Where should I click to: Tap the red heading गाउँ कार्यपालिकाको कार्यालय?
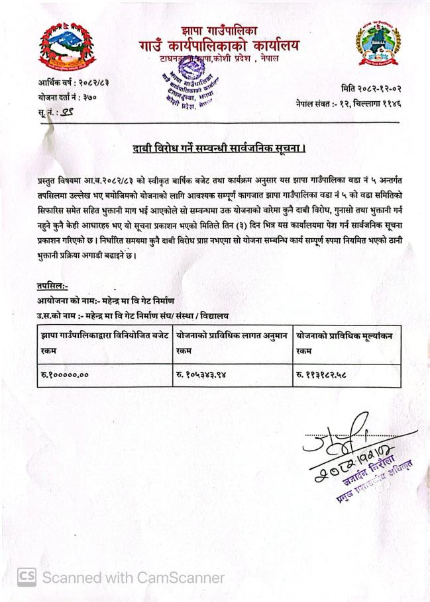[219, 46]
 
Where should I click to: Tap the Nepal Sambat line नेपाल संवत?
[349, 104]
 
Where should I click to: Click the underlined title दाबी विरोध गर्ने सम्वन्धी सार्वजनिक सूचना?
[218, 148]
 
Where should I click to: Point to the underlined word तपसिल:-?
[54, 285]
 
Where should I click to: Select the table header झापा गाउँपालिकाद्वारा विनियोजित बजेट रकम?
[104, 343]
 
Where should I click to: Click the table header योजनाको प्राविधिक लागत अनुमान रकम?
[233, 343]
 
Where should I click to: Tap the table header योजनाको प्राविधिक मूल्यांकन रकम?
[345, 343]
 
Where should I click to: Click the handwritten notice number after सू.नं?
[66, 112]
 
